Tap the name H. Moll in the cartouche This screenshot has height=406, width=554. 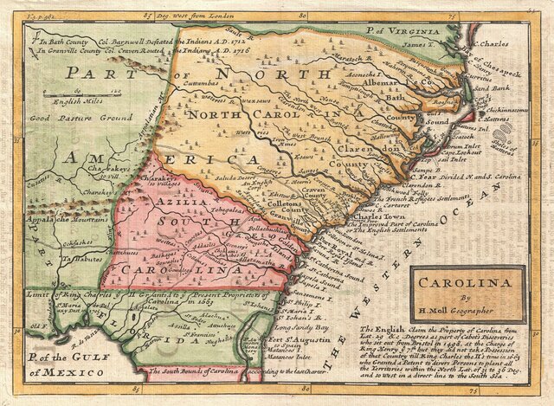[x=449, y=311]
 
